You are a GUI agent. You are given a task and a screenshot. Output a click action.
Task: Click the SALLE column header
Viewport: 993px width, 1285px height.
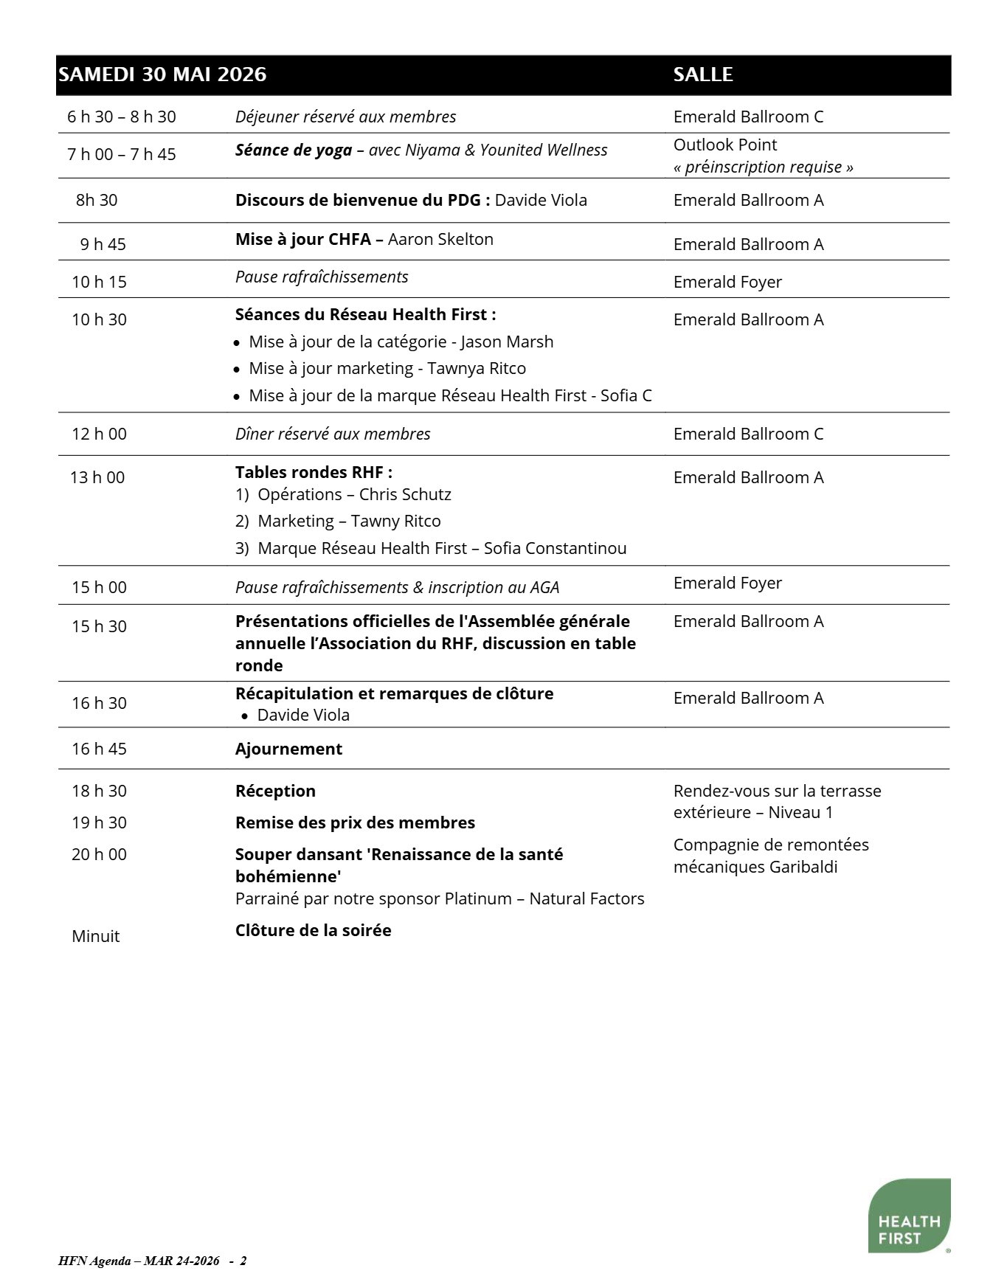[x=702, y=75]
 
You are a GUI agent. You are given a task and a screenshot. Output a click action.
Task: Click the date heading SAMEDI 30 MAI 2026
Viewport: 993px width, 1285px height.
[x=162, y=75]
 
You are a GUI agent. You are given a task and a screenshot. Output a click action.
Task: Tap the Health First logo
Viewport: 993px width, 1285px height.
[x=908, y=1216]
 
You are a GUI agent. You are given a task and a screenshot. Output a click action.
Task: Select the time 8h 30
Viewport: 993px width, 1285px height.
[x=97, y=200]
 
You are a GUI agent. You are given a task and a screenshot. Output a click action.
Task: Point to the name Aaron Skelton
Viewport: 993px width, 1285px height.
[x=440, y=239]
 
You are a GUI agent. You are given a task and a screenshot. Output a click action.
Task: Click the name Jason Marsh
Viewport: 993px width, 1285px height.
[x=507, y=342]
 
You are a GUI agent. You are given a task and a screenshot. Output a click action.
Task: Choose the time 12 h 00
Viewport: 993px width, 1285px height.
[x=99, y=434]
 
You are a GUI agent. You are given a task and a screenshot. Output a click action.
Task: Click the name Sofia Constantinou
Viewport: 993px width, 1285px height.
[x=555, y=548]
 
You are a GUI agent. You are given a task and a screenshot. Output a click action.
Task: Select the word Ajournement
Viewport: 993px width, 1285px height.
[x=288, y=749]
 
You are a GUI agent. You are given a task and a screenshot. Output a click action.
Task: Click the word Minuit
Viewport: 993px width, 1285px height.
[x=95, y=936]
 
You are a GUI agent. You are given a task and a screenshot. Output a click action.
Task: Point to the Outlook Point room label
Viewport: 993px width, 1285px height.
[x=724, y=145]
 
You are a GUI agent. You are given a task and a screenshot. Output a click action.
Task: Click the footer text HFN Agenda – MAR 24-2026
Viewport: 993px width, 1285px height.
[x=139, y=1261]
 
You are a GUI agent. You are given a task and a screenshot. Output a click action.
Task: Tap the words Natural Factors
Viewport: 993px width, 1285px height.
[x=587, y=898]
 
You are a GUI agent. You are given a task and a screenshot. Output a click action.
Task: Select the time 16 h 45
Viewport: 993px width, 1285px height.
[x=99, y=749]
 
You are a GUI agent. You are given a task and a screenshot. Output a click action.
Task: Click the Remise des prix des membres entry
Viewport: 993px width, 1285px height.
[x=355, y=822]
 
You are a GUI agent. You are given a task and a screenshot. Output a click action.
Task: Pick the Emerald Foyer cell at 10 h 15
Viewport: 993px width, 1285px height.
[x=727, y=282]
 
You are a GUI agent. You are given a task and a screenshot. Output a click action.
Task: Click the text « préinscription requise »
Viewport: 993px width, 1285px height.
[x=763, y=167]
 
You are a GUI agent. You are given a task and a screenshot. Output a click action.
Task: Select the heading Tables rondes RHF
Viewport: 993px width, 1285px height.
[x=314, y=472]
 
